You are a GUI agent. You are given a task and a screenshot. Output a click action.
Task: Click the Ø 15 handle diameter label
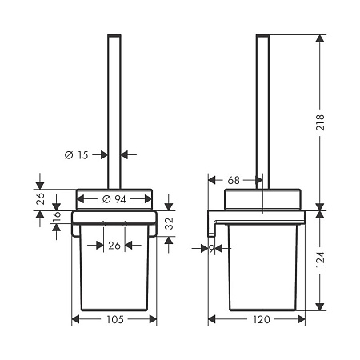tap(77, 155)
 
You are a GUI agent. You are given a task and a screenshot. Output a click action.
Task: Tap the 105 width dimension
tap(114, 320)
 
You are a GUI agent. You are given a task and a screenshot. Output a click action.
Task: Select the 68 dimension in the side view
tap(233, 181)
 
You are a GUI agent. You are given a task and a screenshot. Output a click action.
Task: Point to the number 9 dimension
tap(211, 249)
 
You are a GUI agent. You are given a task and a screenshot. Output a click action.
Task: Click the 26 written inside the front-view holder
tap(114, 246)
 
